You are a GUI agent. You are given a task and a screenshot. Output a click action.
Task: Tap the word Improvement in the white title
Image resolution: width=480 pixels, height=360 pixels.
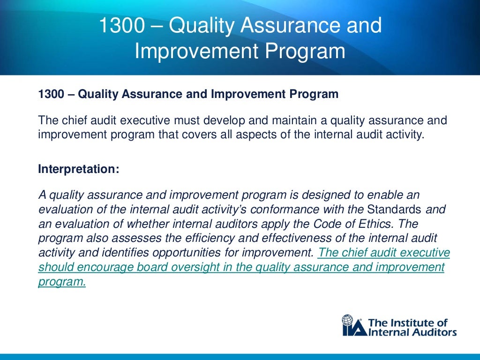click(x=182, y=51)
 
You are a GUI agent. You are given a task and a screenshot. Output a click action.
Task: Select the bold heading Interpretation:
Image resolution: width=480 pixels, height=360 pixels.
click(x=78, y=169)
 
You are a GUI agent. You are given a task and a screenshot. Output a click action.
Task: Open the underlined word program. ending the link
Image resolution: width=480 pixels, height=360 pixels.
click(x=62, y=282)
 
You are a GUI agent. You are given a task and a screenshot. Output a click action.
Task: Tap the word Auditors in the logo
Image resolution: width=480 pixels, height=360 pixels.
click(x=432, y=332)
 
